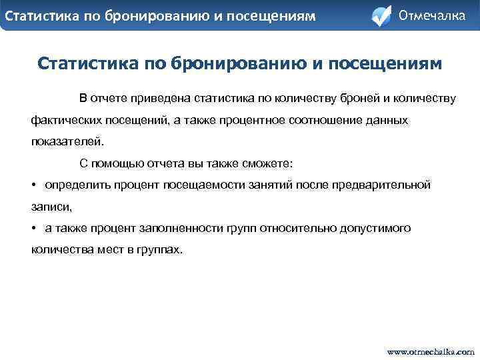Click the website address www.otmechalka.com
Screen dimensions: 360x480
431,351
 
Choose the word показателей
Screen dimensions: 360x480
67,142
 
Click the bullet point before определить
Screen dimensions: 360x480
34,185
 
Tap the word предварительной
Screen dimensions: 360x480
382,185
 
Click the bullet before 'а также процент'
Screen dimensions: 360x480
34,228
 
